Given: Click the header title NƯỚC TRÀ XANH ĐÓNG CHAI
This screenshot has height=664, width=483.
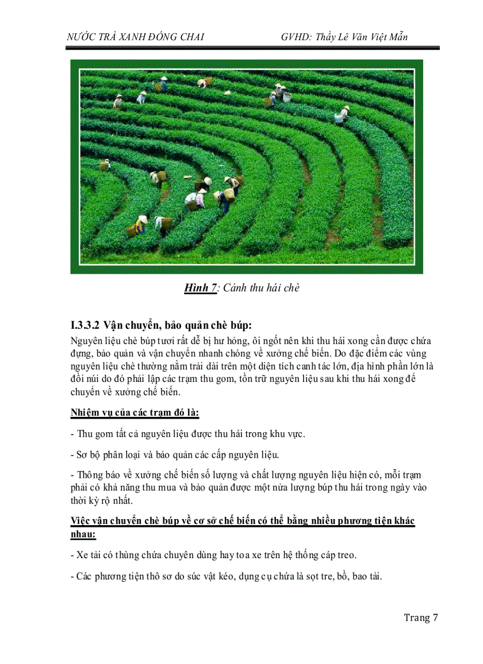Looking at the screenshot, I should [x=136, y=37].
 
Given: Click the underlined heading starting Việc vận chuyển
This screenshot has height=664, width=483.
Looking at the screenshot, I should [x=242, y=521].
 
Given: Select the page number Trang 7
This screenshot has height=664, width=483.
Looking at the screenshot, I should [x=420, y=618].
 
